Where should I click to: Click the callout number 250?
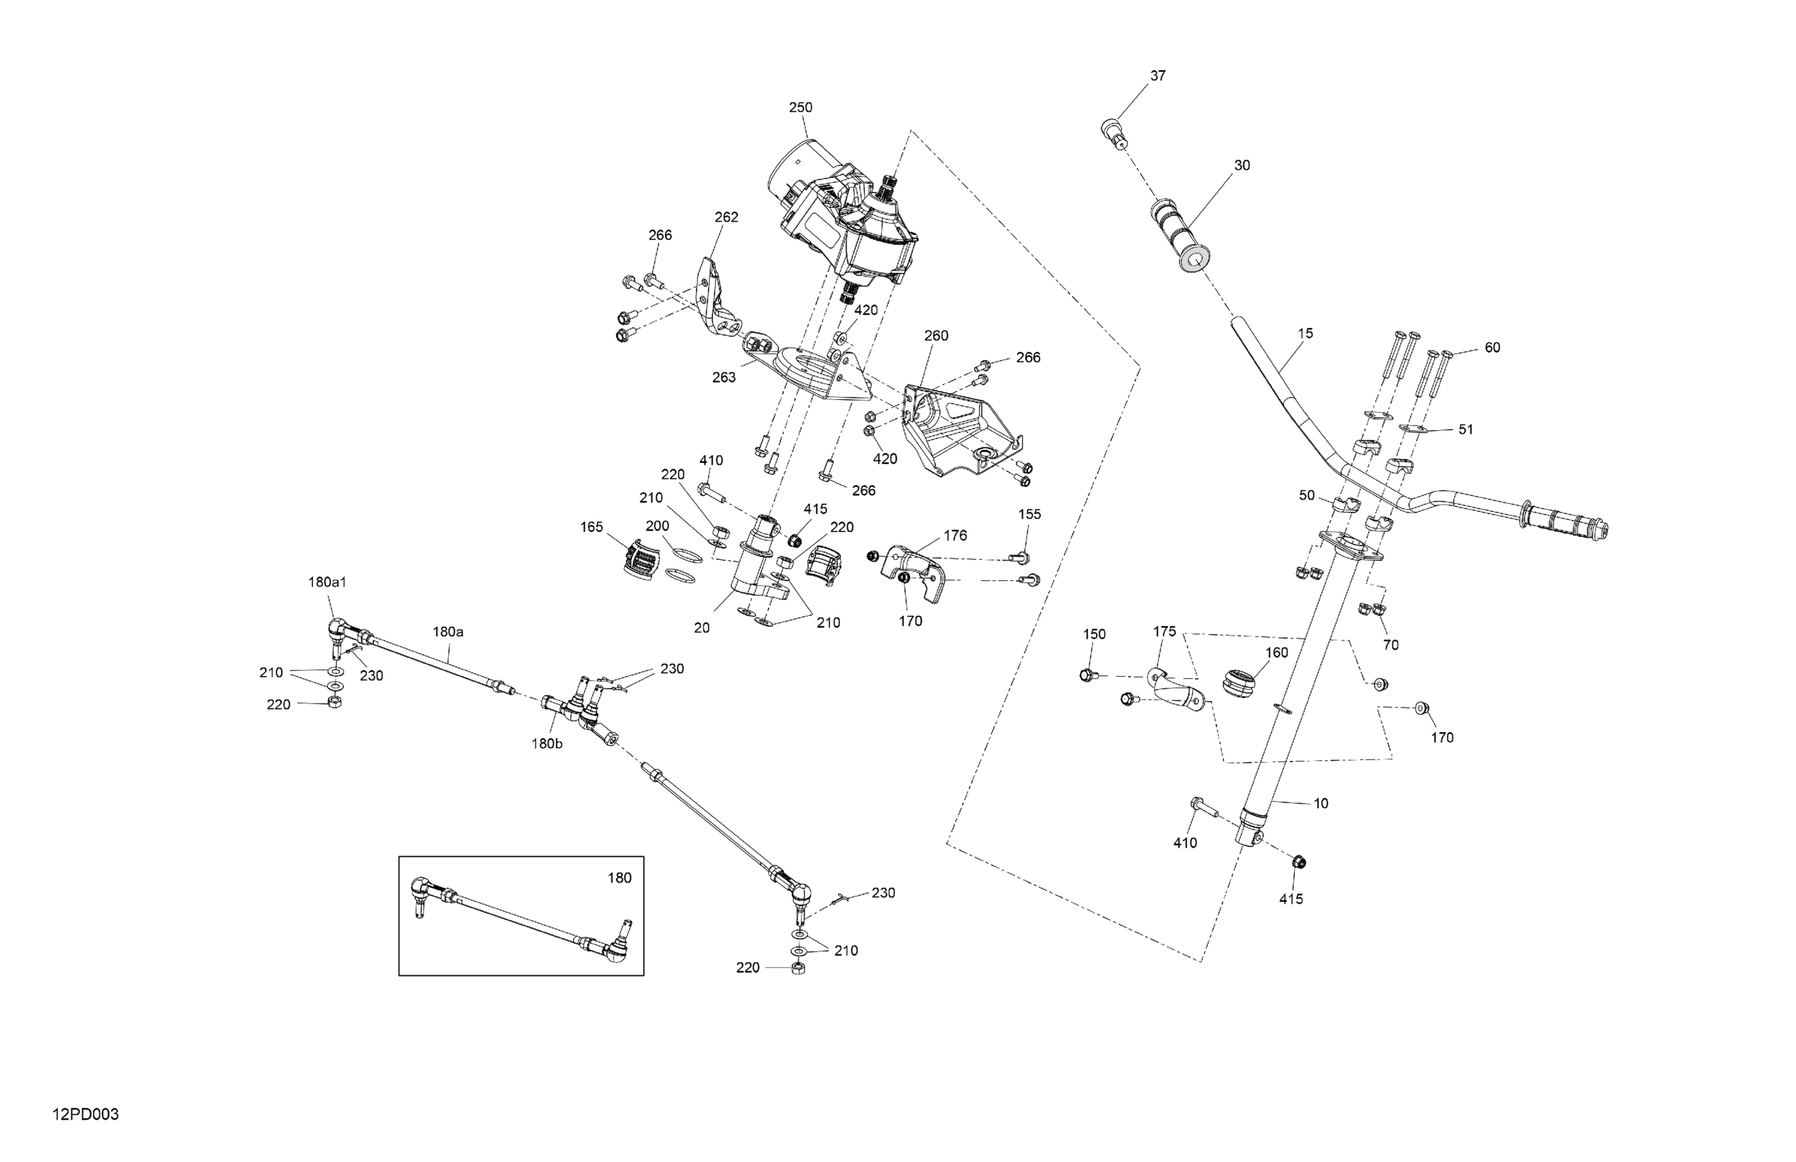(801, 108)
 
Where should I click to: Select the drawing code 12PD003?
(86, 1114)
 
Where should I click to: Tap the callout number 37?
(1157, 76)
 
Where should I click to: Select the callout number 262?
(726, 217)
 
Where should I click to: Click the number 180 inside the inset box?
(619, 878)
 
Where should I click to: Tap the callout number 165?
(591, 527)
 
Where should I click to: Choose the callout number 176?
(955, 536)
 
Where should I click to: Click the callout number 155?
(1030, 515)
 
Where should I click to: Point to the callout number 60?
(1492, 348)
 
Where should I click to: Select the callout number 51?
(1466, 429)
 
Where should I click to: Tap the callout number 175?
(1164, 632)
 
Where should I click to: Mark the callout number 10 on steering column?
(1321, 804)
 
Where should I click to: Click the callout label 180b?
(547, 743)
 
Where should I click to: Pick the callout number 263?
(724, 377)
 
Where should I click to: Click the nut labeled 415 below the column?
(1299, 863)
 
